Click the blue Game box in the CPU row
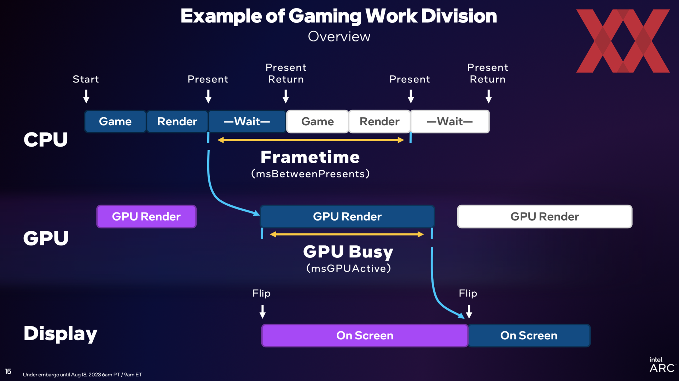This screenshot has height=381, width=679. [x=115, y=121]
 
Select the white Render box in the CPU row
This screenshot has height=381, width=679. [x=379, y=121]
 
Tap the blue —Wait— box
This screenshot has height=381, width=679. [x=247, y=121]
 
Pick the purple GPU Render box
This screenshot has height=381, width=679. [x=146, y=216]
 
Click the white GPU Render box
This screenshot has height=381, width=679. [x=545, y=216]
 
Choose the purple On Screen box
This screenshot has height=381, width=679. [x=365, y=335]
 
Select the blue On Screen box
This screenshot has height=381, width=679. [x=529, y=335]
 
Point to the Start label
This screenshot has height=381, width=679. [x=86, y=79]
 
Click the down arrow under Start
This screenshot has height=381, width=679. [x=86, y=96]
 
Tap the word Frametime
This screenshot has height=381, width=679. [x=310, y=157]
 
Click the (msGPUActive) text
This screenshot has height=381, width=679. [x=349, y=268]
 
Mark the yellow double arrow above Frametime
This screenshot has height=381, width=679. [x=311, y=140]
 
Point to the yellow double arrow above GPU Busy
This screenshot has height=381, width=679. [x=347, y=234]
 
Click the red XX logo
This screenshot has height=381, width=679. [x=623, y=41]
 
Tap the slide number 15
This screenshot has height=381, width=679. [x=8, y=371]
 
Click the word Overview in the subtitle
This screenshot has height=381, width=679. [x=339, y=36]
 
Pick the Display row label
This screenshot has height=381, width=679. [x=60, y=334]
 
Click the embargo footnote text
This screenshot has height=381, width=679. [x=82, y=375]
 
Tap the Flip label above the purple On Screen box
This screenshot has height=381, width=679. [x=262, y=294]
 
